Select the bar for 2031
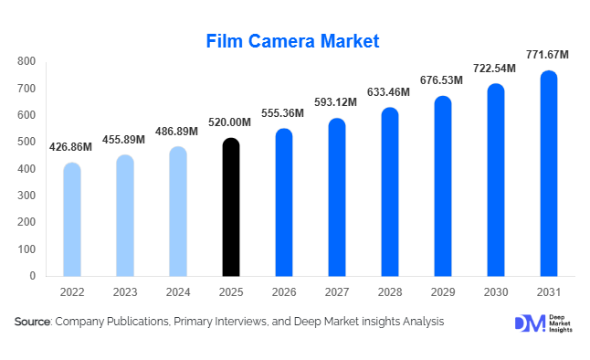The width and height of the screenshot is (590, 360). pyautogui.click(x=549, y=174)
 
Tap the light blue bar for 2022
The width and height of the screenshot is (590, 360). pyautogui.click(x=72, y=219)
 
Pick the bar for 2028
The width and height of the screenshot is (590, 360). pyautogui.click(x=390, y=192)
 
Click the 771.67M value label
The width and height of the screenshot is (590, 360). pyautogui.click(x=548, y=56)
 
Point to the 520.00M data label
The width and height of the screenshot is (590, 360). pyautogui.click(x=231, y=123)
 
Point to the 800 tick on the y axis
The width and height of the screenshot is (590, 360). pyautogui.click(x=26, y=62)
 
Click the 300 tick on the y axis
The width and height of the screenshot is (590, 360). pyautogui.click(x=26, y=196)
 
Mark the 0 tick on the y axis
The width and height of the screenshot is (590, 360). pyautogui.click(x=32, y=276)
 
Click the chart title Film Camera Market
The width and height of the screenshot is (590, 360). pyautogui.click(x=292, y=40)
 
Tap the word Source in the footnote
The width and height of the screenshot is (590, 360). pyautogui.click(x=32, y=323)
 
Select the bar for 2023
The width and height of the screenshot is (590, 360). pyautogui.click(x=125, y=216)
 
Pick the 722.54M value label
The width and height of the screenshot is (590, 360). pyautogui.click(x=495, y=69)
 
